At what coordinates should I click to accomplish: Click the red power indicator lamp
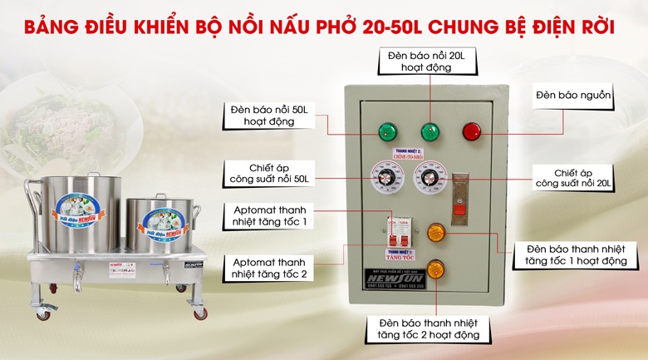pos(471,131)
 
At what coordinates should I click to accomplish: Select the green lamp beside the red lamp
pos(430,131)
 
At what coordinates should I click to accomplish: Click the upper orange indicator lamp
pos(435,233)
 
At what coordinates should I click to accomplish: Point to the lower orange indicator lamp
pos(435,269)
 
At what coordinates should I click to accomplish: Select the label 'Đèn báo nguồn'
pos(574,96)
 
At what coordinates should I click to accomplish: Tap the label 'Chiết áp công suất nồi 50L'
pos(268,174)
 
